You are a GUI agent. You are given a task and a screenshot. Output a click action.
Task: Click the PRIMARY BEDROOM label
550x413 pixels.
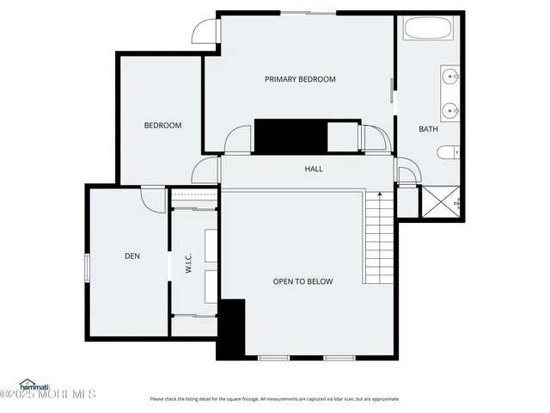coord(299,79)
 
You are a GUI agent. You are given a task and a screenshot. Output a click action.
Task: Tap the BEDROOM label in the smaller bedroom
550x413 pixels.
coord(162,126)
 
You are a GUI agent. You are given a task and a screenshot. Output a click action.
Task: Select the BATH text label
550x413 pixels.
coord(428,130)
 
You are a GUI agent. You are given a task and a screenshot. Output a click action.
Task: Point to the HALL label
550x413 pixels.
coord(314,169)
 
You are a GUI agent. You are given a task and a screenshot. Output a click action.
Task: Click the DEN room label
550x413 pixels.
coord(131,256)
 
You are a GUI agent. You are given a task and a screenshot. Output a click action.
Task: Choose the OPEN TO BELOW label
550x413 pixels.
coord(302,281)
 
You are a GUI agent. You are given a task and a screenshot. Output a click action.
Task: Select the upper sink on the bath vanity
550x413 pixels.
coord(450,76)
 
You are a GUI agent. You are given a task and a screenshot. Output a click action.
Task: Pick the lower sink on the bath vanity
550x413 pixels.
coord(450,111)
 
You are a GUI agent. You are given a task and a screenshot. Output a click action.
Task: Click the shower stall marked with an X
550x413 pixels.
coord(441,204)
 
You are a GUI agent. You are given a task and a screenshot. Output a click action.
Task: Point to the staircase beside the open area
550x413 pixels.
coord(379,238)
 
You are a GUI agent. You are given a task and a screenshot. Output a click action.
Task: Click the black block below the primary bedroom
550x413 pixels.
coord(291,137)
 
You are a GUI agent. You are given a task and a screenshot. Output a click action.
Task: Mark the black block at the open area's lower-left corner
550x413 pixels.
coord(231,330)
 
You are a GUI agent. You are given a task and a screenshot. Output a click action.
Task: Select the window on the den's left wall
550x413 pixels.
coord(87,268)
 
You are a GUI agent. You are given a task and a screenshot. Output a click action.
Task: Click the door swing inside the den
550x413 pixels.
coord(153,200)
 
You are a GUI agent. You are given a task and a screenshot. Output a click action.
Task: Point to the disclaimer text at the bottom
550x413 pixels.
coord(274,398)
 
